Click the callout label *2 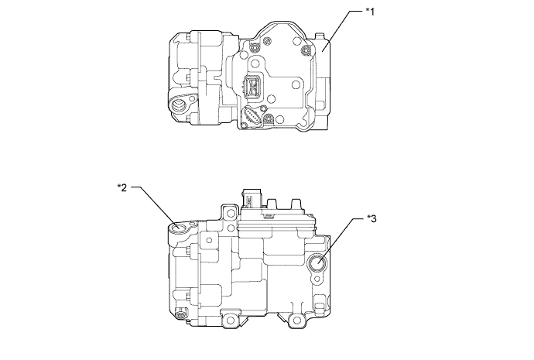(x=122, y=187)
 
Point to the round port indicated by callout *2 (x=180, y=228)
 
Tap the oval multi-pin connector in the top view (x=250, y=118)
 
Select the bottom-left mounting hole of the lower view (x=228, y=318)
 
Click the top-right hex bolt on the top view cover (x=309, y=50)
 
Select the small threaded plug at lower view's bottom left (x=182, y=316)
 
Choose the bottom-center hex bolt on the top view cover (x=269, y=120)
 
